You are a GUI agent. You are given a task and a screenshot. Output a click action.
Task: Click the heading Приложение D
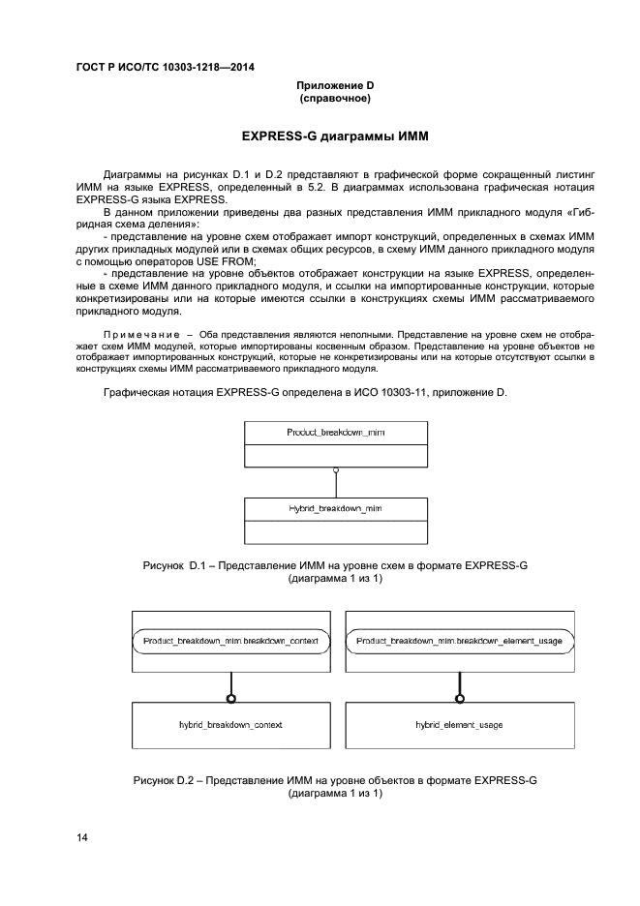point(335,85)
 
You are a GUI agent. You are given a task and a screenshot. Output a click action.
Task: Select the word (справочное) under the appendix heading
point(335,98)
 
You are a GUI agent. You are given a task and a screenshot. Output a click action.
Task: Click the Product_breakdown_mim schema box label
point(335,432)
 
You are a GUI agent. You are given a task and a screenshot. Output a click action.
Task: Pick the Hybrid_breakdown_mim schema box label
point(335,507)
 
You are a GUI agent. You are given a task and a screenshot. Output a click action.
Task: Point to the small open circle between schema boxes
point(335,470)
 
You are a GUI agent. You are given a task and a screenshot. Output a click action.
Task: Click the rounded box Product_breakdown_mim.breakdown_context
point(230,641)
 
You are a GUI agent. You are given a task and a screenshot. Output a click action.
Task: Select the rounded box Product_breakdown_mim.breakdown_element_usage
point(459,641)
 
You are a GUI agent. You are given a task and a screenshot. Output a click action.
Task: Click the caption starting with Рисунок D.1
point(335,564)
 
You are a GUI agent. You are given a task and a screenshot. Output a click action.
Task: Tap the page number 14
point(82,837)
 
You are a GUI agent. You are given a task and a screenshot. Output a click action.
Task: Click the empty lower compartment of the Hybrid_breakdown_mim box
point(335,531)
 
